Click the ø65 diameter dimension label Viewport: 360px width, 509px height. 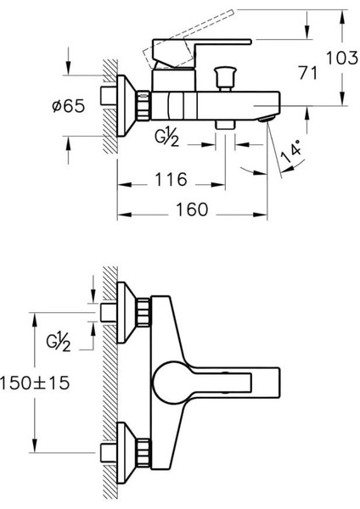(69, 106)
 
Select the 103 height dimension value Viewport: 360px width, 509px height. (342, 58)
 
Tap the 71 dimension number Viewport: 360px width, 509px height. (307, 72)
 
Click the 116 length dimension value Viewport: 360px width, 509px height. (172, 179)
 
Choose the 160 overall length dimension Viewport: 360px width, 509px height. (192, 210)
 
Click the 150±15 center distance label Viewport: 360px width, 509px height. (35, 383)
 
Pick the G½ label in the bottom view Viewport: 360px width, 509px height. (58, 342)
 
